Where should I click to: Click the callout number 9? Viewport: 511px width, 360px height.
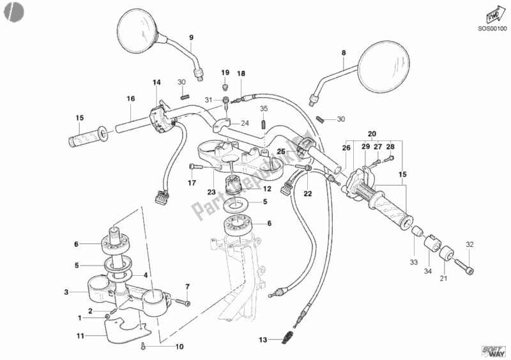click(x=190, y=38)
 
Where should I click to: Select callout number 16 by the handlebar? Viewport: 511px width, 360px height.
click(x=131, y=99)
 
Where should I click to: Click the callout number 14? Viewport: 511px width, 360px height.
click(x=156, y=82)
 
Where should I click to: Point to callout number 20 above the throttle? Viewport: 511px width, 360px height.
click(x=372, y=133)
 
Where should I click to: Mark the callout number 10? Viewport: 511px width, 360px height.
click(x=179, y=347)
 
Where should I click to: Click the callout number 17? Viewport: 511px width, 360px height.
click(x=190, y=183)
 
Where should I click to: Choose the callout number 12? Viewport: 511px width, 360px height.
click(x=267, y=188)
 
